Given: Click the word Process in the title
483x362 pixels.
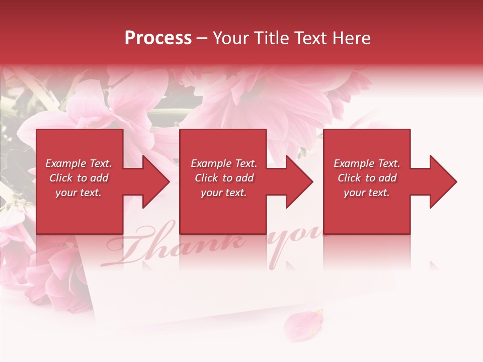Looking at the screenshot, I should tap(158, 38).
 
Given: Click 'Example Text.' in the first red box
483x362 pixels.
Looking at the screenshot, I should tap(78, 163).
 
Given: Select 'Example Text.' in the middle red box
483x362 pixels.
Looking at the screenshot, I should tap(224, 163).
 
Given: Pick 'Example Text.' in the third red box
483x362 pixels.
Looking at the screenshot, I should tap(367, 163).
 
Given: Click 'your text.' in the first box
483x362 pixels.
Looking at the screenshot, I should tap(78, 193).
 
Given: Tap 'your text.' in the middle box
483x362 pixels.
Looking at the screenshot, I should tap(224, 193).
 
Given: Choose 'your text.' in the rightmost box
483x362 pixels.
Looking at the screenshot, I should tap(367, 193).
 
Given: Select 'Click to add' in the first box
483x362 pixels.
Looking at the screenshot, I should tap(78, 178).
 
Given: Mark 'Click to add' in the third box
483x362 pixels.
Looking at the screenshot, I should tap(367, 178).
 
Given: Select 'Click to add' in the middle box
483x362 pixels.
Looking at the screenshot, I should tap(224, 178).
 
